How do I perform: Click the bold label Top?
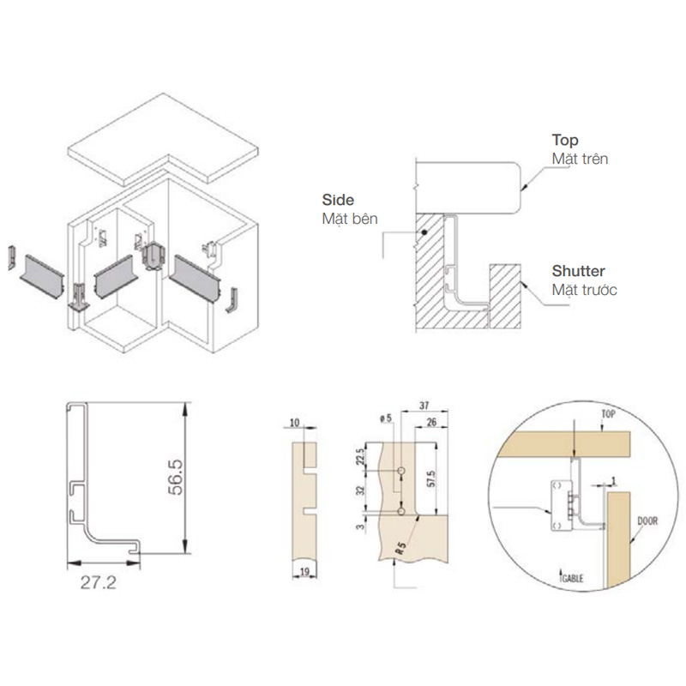pos(565,140)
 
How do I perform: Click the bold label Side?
pos(338,200)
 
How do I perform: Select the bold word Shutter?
pos(578,271)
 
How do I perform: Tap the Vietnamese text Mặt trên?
pos(580,159)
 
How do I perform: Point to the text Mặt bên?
pos(350,219)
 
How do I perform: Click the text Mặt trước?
pos(584,290)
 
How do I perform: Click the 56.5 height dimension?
pos(176,477)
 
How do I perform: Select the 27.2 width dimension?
pos(99,582)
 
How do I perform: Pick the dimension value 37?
pos(424,405)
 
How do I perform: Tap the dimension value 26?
pos(431,422)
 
